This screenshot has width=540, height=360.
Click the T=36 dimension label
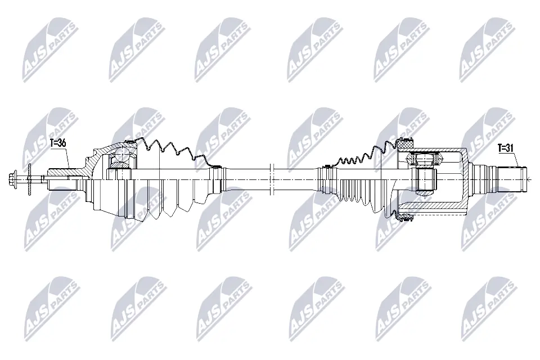coord(58,143)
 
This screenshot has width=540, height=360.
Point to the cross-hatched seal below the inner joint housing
coord(403,215)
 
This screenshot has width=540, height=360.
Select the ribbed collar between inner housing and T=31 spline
coord(483,179)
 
